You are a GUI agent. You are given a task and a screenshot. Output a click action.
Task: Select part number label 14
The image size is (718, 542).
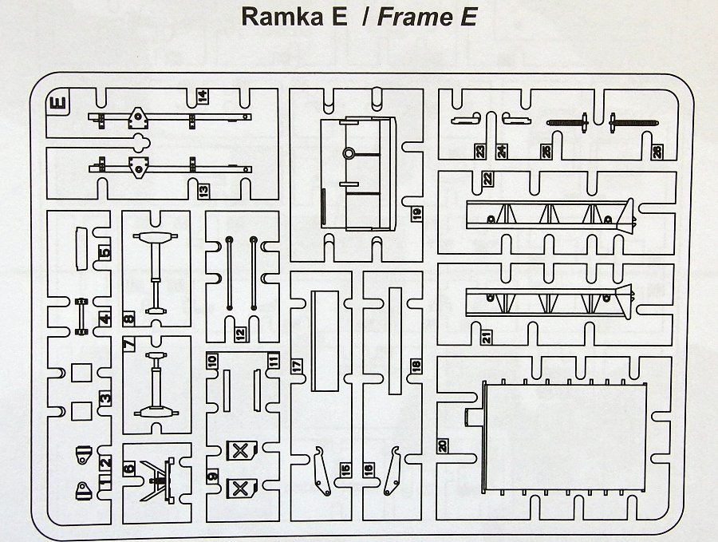(x=202, y=97)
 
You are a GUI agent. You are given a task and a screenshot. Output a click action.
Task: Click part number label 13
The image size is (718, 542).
(x=203, y=191)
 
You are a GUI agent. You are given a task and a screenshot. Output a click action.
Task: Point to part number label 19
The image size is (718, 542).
(x=416, y=213)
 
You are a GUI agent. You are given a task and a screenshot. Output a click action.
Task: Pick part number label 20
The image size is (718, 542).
(x=442, y=445)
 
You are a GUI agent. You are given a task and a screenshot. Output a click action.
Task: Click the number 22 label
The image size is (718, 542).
(x=487, y=178)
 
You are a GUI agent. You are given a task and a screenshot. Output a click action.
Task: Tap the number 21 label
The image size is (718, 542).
(x=487, y=337)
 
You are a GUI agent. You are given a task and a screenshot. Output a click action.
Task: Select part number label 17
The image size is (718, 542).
(x=298, y=366)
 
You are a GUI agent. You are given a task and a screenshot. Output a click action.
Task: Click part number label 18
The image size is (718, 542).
(x=416, y=366)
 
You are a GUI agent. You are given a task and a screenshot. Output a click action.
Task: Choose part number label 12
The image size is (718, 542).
(x=241, y=334)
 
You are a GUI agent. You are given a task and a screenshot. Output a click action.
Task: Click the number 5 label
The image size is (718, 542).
(x=105, y=252)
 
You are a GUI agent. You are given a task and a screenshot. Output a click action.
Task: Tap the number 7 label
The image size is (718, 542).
(x=129, y=342)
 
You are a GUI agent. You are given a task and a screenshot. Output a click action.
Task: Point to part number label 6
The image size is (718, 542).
(x=129, y=469)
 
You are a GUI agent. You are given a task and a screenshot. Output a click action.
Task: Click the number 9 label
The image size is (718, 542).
(x=212, y=476)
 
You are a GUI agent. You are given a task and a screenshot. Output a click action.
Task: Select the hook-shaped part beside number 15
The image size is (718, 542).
(x=322, y=472)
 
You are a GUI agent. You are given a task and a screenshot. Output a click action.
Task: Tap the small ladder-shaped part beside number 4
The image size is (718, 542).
(x=81, y=316)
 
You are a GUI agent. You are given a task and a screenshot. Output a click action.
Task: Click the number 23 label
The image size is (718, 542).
(x=480, y=152)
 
